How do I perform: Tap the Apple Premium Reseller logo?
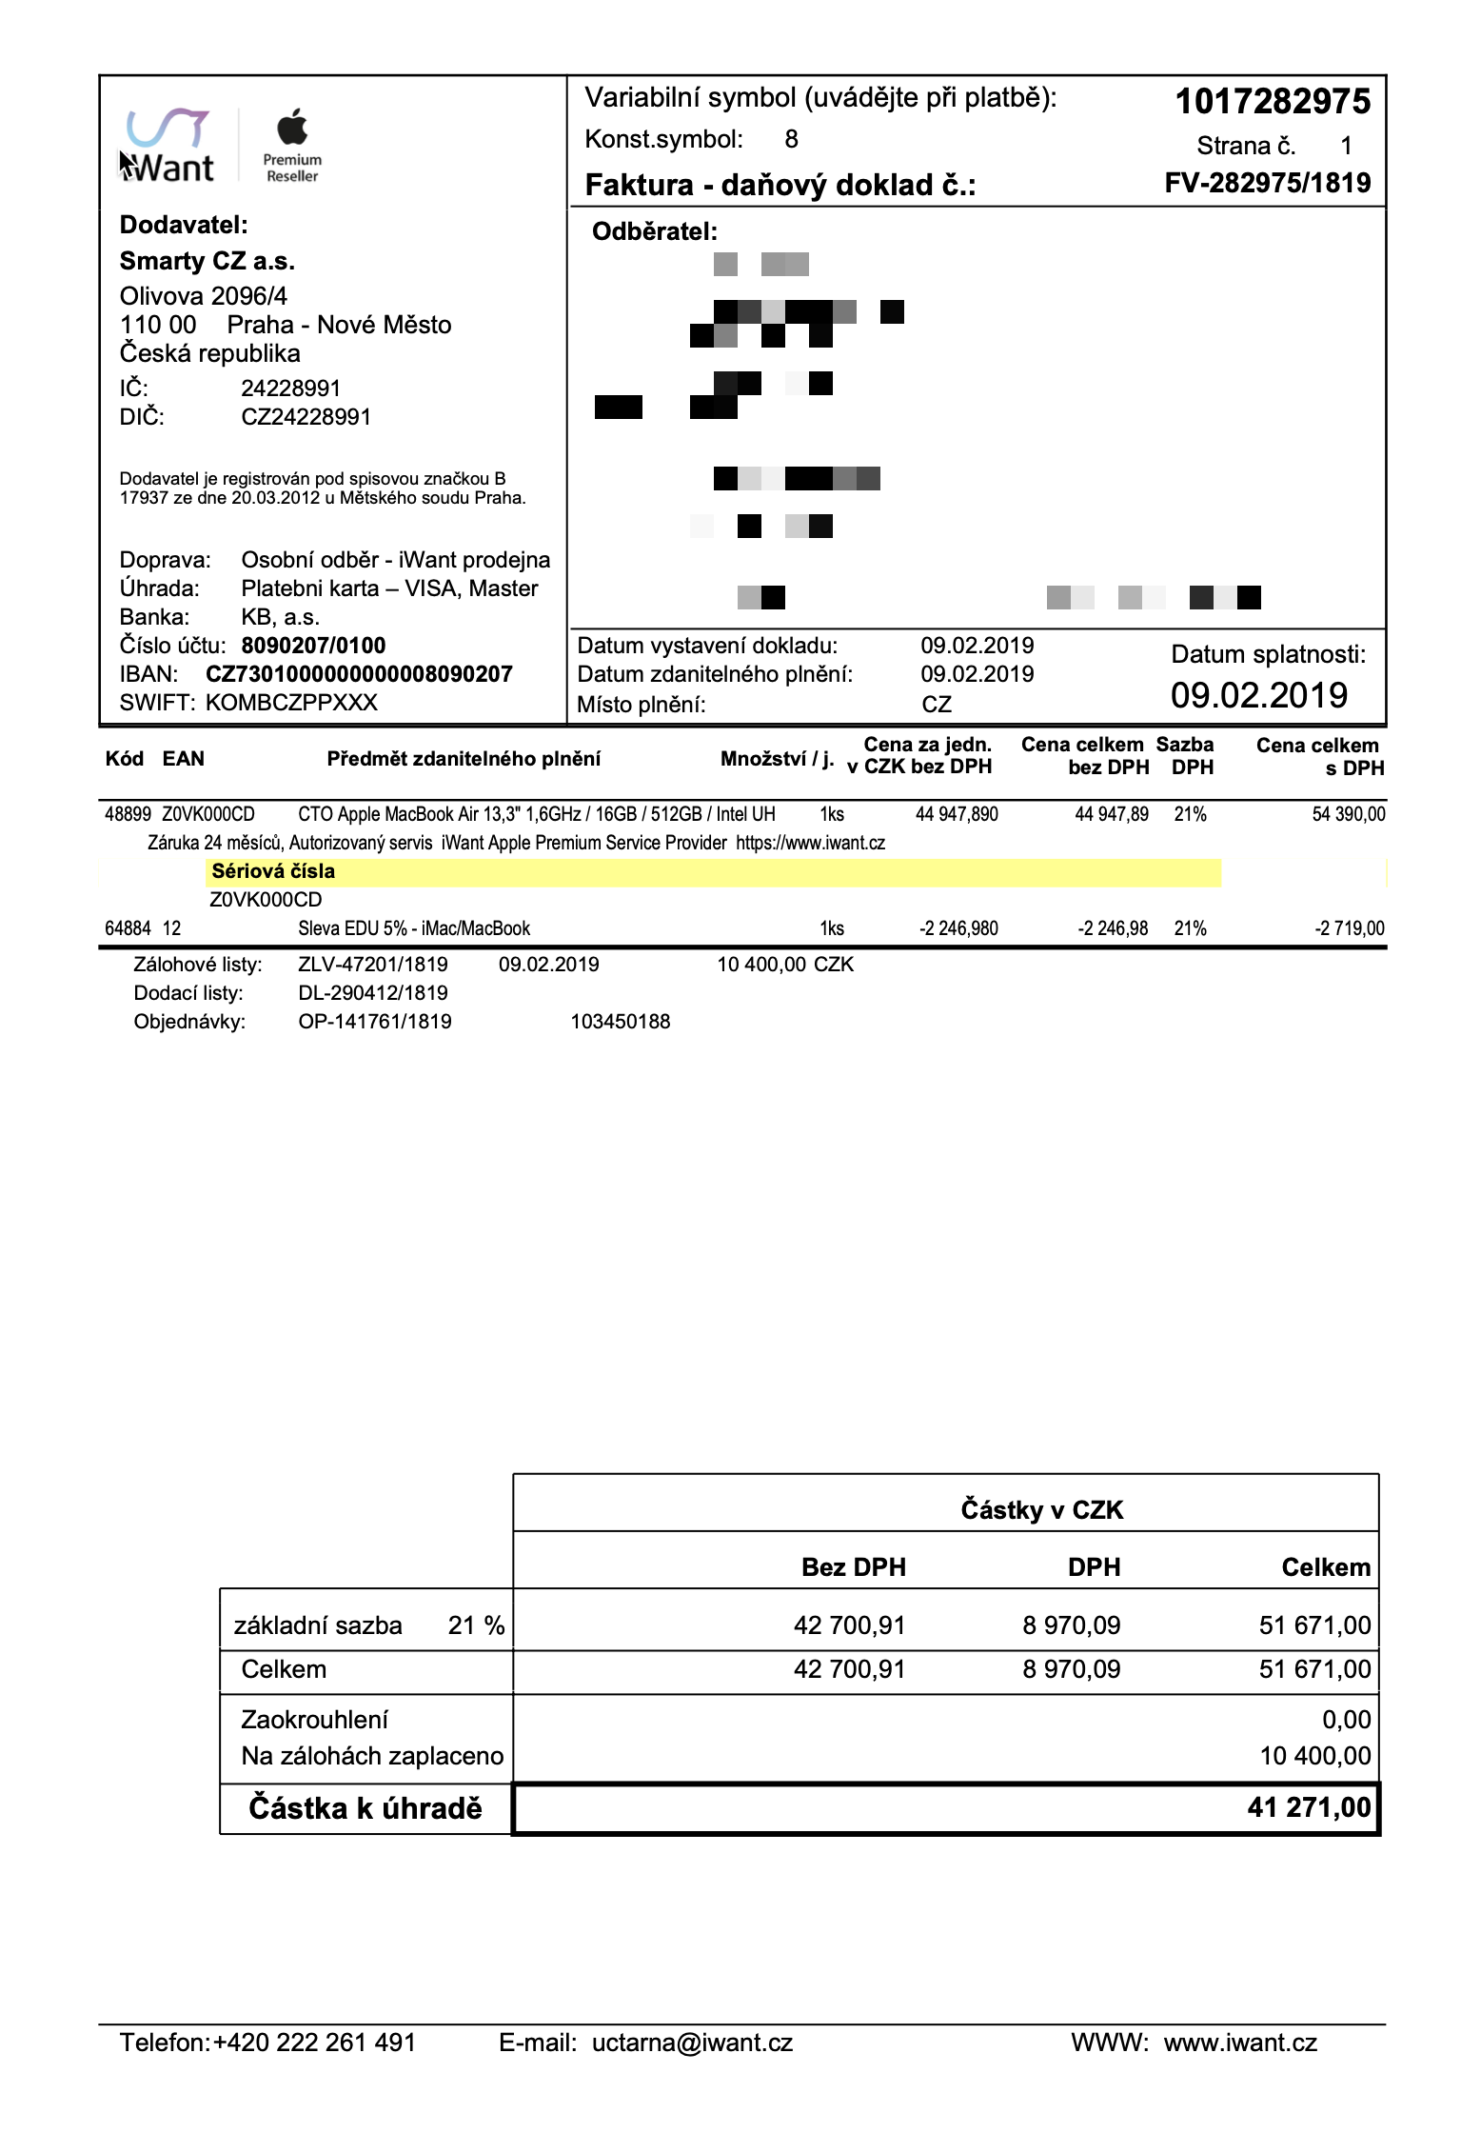(x=293, y=147)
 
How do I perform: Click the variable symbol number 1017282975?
(x=1273, y=102)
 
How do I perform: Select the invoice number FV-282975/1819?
(x=1267, y=183)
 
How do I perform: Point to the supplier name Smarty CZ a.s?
(x=207, y=261)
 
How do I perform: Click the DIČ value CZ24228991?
(x=306, y=417)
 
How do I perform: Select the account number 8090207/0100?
(x=313, y=646)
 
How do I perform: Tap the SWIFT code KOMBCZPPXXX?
(x=291, y=703)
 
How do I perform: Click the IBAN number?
(x=359, y=674)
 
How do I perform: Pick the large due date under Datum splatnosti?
(x=1258, y=696)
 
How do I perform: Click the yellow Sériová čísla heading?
(x=273, y=871)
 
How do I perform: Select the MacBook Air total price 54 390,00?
(x=1348, y=814)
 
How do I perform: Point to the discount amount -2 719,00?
(x=1349, y=928)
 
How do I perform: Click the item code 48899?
(x=128, y=814)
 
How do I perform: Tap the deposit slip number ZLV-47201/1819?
(x=373, y=965)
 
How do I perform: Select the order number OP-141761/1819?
(x=375, y=1022)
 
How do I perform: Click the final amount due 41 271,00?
(x=1309, y=1807)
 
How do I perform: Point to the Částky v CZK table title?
(x=1041, y=1509)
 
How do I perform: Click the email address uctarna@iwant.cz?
(x=692, y=2043)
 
